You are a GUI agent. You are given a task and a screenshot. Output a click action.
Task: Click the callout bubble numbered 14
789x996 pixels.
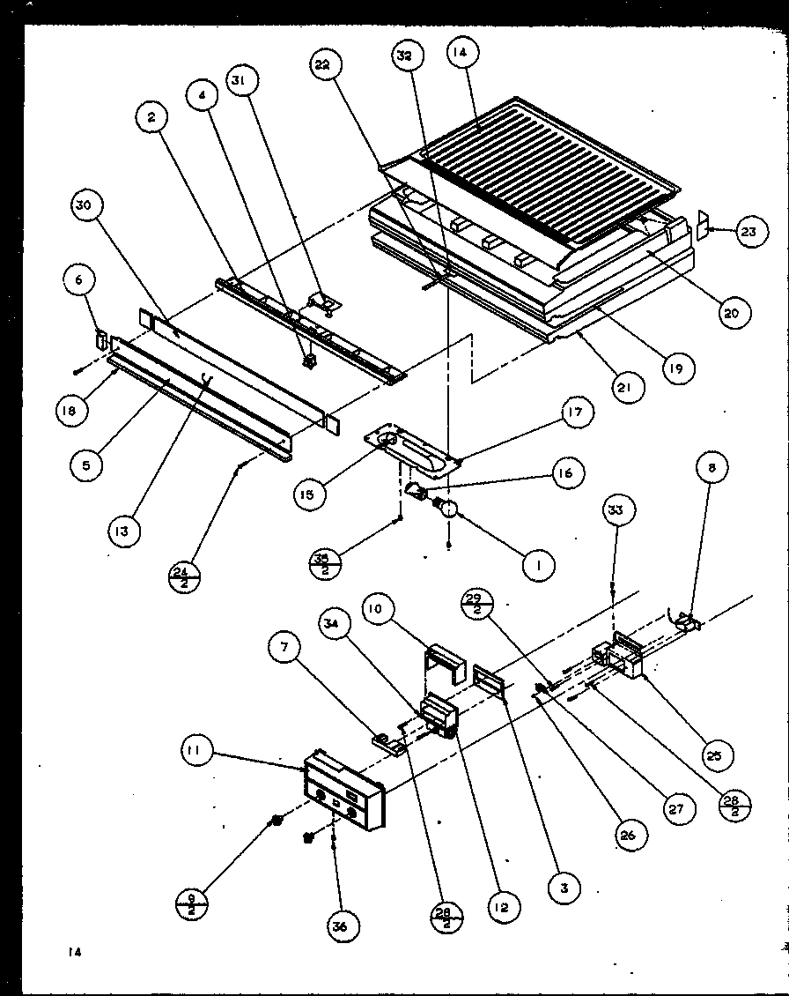461,53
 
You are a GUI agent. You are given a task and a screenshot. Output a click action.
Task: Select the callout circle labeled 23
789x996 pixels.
748,233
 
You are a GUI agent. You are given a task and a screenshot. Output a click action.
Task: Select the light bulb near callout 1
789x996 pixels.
449,506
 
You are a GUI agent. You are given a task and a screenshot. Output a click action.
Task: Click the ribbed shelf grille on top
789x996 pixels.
546,172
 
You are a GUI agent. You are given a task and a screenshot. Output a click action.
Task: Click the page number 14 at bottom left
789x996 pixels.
71,952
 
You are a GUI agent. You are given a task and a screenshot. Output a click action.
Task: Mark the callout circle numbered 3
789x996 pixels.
564,888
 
